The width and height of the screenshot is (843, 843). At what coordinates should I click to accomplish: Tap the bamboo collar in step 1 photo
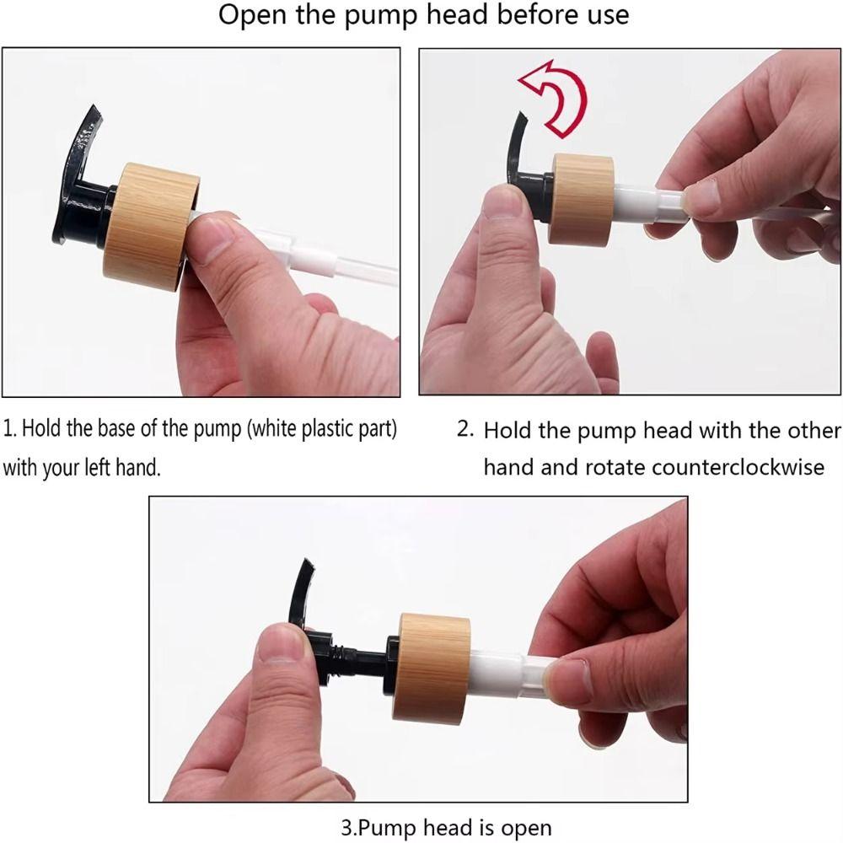pos(151,226)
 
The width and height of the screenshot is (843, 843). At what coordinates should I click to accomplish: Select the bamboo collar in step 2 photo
pos(581,199)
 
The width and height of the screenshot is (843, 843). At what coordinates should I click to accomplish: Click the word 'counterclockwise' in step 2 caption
pos(738,468)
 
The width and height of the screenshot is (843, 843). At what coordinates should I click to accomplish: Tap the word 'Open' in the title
pos(252,15)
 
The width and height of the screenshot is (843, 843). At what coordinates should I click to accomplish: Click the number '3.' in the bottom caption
pos(350,827)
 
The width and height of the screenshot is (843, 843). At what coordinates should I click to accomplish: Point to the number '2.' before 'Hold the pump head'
pos(465,429)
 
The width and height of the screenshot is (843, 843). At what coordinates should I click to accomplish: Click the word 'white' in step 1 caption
pos(273,429)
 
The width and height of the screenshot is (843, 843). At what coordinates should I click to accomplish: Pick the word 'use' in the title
pos(608,16)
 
